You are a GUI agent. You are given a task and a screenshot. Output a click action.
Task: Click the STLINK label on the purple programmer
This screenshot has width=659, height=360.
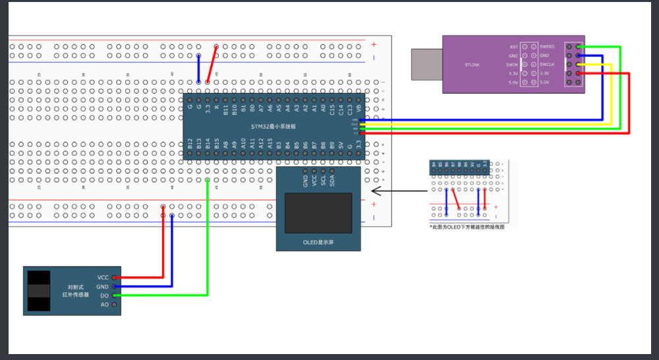tap(473, 65)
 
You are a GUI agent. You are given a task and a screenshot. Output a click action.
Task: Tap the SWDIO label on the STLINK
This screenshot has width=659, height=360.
tap(547, 47)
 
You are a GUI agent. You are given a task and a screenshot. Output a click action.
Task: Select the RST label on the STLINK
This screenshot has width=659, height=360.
tap(513, 47)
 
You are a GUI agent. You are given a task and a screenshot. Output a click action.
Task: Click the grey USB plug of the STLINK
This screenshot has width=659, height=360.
tap(426, 64)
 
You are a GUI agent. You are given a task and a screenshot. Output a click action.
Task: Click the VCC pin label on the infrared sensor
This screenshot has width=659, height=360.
tap(103, 278)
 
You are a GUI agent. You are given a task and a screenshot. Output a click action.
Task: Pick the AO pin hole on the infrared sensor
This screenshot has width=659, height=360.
tap(115, 305)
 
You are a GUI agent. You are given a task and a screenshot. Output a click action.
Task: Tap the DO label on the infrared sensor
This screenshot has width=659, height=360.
tap(104, 296)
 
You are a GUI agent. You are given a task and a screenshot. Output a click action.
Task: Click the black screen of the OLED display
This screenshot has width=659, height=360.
tap(318, 212)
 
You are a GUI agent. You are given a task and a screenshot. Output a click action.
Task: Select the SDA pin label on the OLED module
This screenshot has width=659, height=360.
tap(332, 179)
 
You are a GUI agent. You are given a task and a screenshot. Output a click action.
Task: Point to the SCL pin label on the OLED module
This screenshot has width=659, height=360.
tap(323, 179)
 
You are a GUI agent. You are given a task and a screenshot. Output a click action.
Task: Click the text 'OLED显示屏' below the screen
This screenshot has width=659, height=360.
tap(318, 243)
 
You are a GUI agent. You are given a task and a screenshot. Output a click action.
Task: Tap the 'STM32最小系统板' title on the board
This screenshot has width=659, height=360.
tap(273, 126)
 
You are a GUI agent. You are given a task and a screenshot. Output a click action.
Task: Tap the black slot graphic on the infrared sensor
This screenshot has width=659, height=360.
tap(40, 291)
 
